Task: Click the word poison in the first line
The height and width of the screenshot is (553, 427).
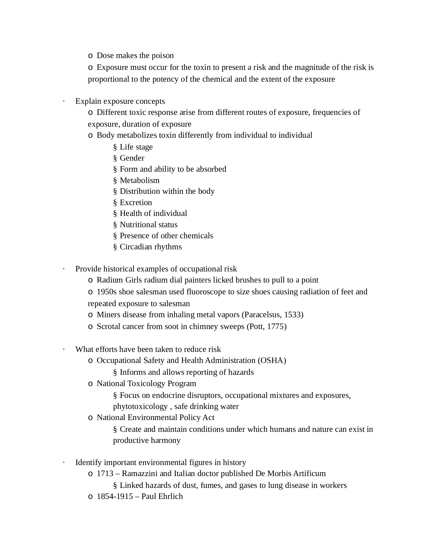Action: [163, 56]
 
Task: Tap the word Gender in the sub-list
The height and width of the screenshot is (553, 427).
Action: [132, 158]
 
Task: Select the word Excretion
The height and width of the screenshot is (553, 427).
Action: [136, 203]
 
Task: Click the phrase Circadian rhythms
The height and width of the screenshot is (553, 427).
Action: [150, 247]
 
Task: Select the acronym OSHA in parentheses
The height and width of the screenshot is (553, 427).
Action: [272, 360]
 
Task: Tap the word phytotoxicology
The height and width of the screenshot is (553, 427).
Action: [140, 406]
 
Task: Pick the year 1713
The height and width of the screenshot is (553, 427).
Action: [105, 474]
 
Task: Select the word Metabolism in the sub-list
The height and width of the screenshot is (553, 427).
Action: [139, 180]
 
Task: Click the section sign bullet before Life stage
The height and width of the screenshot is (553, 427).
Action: [115, 147]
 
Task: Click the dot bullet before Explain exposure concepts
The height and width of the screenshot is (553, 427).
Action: [64, 101]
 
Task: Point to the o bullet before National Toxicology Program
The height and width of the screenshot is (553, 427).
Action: [90, 384]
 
